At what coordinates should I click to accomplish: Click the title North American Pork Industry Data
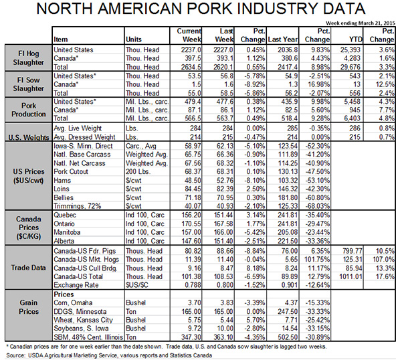point(201,9)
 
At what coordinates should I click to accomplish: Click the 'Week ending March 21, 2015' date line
point(361,23)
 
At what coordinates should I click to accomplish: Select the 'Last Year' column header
point(282,39)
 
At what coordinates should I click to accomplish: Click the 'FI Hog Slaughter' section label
point(28,58)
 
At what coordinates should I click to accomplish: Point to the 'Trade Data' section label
point(28,268)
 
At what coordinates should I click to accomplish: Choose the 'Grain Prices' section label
point(28,307)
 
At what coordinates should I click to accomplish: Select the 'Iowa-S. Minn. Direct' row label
point(83,146)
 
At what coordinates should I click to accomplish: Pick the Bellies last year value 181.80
point(288,197)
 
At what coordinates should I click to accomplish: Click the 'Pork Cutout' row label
point(71,171)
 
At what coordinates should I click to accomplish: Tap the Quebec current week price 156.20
point(191,215)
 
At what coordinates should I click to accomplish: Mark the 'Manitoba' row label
point(67,232)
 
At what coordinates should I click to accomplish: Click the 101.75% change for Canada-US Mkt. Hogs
point(317,260)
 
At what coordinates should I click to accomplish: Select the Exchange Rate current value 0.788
point(193,285)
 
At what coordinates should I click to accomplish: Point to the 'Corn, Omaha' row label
point(73,303)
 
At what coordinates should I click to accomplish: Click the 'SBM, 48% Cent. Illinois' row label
point(88,337)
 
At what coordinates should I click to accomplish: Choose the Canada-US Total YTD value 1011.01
point(351,276)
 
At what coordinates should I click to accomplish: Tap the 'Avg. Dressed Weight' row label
point(84,137)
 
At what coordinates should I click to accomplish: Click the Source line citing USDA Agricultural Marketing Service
point(109,355)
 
